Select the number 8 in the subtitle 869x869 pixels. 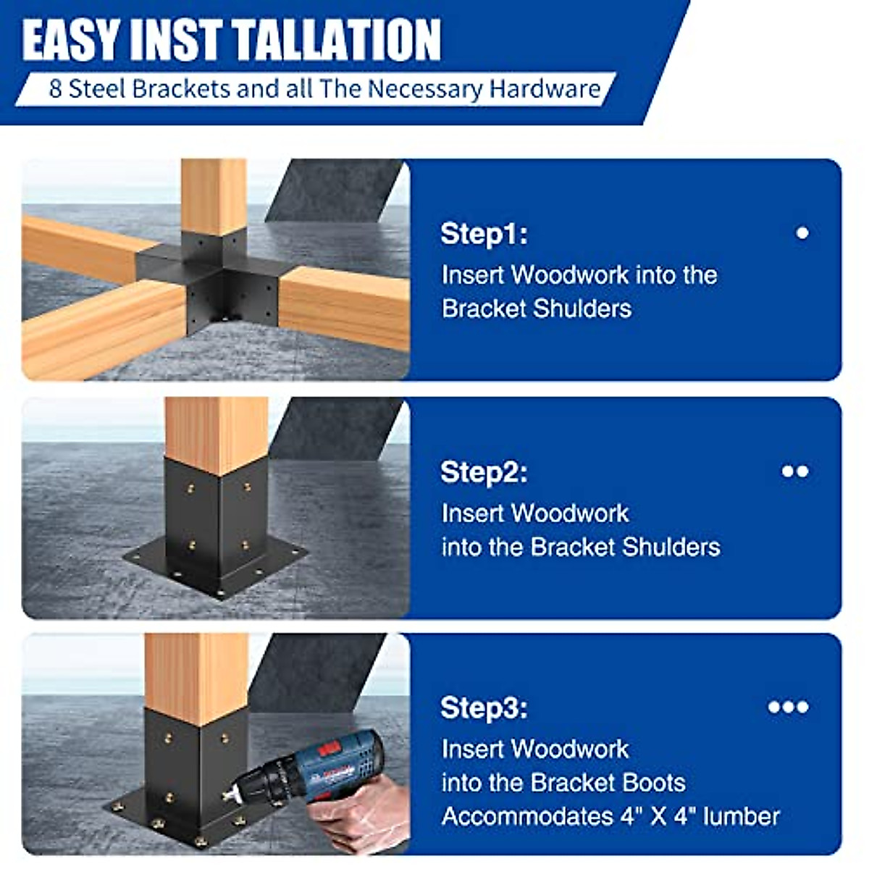(x=55, y=89)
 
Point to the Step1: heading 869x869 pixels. (x=484, y=234)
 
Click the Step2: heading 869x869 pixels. (x=484, y=472)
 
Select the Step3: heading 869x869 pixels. (x=484, y=708)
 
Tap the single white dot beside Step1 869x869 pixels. (x=802, y=233)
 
